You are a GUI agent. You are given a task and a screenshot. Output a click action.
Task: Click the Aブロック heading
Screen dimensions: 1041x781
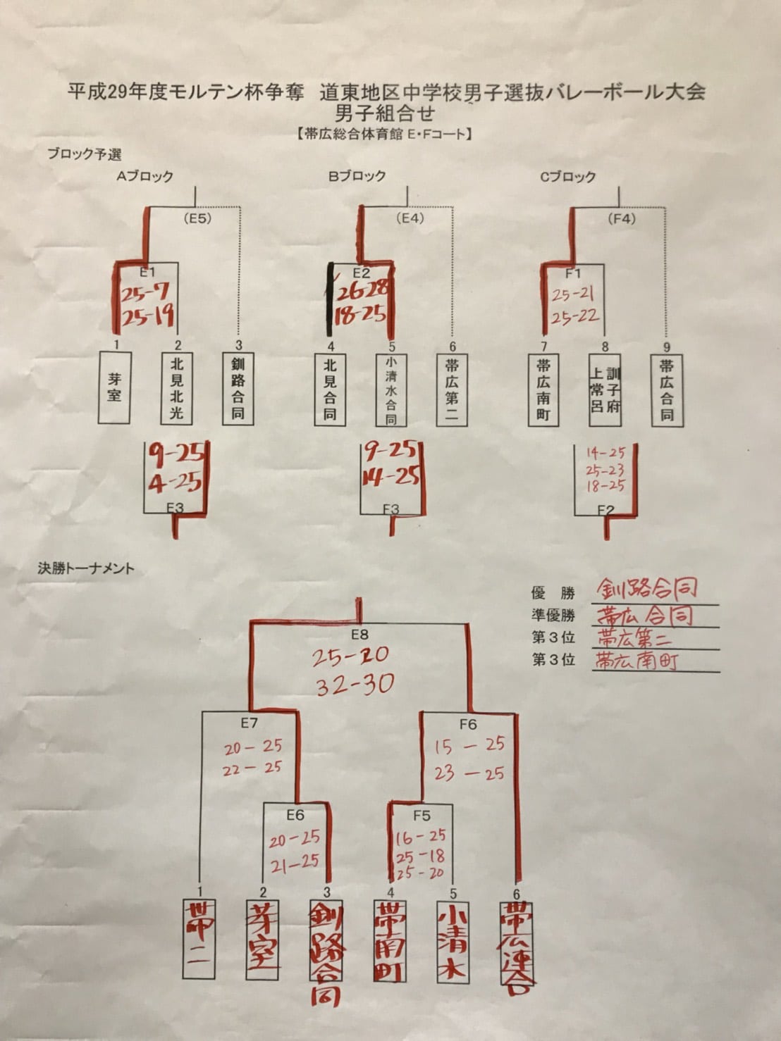click(x=144, y=176)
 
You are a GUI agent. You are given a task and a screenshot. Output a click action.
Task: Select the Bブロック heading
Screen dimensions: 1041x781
click(x=357, y=176)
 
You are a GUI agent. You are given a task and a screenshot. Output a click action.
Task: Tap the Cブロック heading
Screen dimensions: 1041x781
click(x=568, y=177)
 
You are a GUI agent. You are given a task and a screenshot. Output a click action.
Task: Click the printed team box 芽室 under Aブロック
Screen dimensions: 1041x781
click(x=114, y=387)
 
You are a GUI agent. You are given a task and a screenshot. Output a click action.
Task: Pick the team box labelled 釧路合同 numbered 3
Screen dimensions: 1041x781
click(x=238, y=389)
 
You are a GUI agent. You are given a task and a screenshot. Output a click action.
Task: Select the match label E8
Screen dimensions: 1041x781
click(x=359, y=635)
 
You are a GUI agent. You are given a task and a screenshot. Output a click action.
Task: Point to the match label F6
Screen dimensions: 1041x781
click(x=468, y=723)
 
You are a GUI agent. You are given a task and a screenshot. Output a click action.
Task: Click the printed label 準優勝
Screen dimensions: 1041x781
click(x=553, y=615)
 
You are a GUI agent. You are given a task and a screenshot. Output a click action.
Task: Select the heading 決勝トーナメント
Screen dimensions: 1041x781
click(x=85, y=568)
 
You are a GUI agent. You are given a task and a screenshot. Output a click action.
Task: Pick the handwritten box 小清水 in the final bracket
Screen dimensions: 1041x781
click(x=452, y=940)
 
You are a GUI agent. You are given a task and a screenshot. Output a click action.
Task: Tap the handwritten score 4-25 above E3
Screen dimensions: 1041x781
click(x=175, y=483)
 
